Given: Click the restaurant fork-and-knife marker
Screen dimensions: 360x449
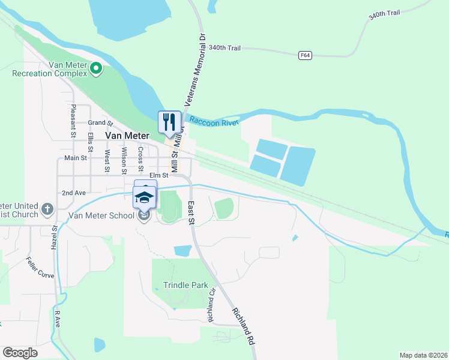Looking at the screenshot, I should click(169, 122).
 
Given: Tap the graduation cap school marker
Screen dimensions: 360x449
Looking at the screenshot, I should click(144, 197).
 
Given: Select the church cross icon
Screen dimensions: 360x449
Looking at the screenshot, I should click(48, 210).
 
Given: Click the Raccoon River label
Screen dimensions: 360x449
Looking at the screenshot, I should click(214, 121).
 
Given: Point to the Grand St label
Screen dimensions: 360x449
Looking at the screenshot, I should click(101, 123).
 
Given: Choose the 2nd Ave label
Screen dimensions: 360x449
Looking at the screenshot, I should click(74, 193).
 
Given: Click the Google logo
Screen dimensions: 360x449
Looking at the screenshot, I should click(20, 353).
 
